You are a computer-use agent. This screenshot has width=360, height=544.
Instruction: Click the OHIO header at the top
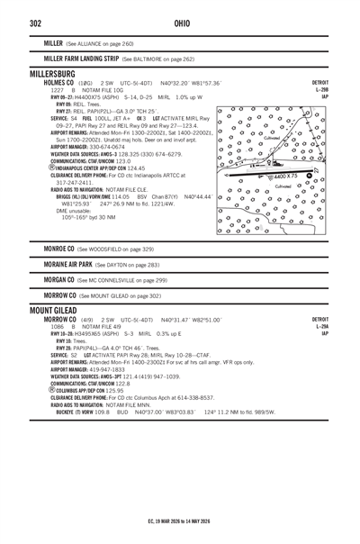tap(179, 23)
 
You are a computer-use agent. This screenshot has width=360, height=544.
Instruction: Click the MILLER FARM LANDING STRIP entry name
tap(76, 59)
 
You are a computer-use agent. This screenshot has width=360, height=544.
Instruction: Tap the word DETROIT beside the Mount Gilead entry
tap(321, 320)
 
